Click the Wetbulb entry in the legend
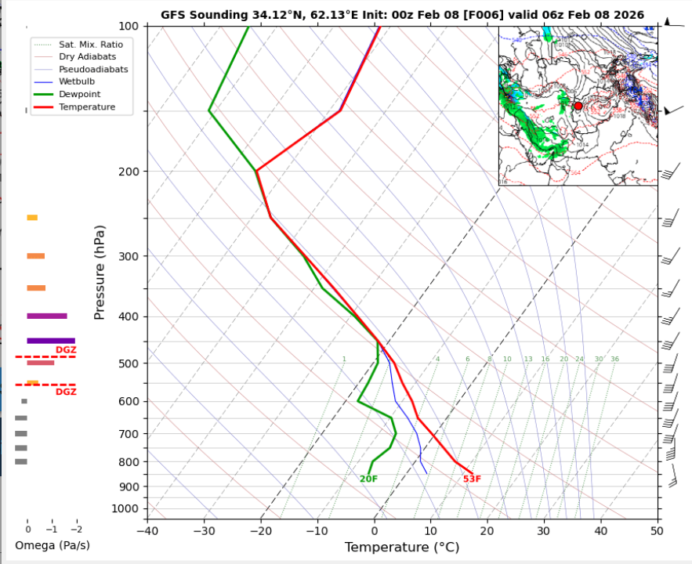coord(76,81)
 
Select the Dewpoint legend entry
coord(79,94)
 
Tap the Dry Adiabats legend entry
coord(86,56)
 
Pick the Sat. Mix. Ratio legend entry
coord(90,45)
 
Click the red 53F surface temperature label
coord(472,479)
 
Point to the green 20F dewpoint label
coord(368,479)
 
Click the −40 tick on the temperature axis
coord(147,530)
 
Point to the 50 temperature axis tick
coord(657,530)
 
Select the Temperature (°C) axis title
coord(401,547)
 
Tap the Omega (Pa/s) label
coord(53,545)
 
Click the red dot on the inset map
coord(578,106)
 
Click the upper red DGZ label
coord(66,350)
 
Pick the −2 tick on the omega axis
coord(76,530)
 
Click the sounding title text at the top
coord(402,15)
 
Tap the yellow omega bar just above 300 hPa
coord(32,217)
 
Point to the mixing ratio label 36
coord(614,360)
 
